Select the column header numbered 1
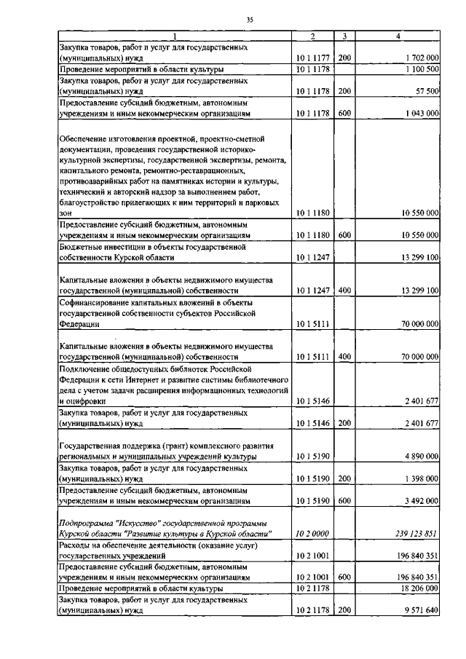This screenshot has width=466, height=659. coord(174,36)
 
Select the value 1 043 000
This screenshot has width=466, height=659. coord(419,114)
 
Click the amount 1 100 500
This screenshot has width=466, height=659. coord(419,68)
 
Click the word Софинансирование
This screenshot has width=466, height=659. coord(95,302)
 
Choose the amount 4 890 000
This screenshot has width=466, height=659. coord(419,457)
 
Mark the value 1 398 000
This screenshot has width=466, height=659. coord(419,478)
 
